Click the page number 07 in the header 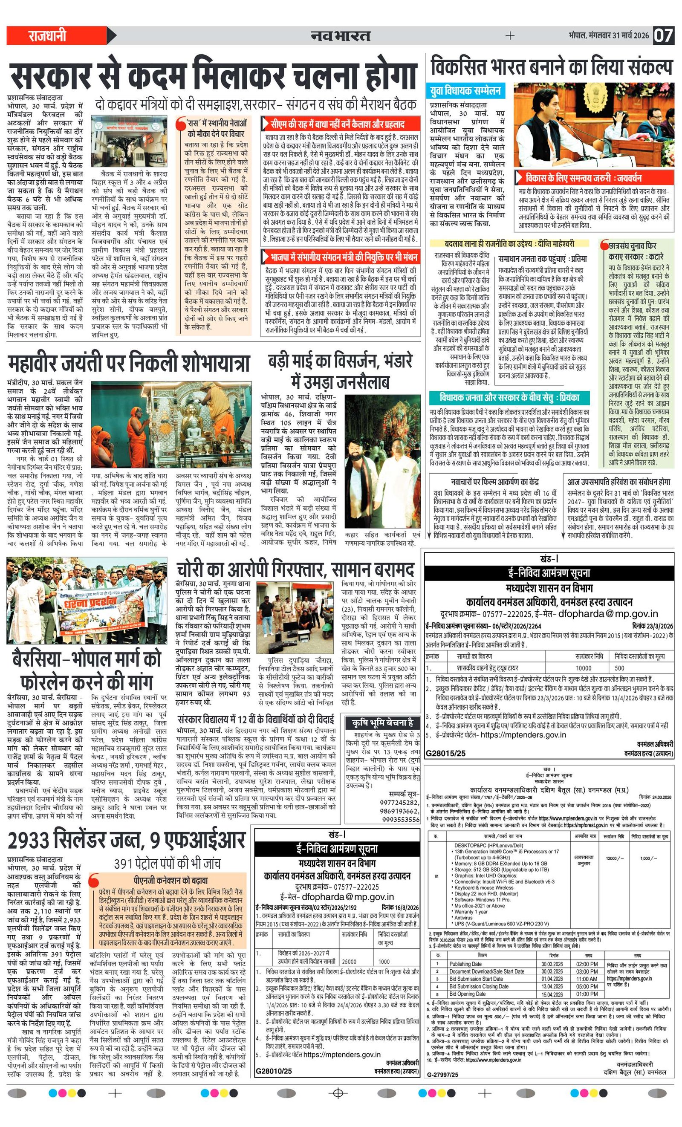point(663,35)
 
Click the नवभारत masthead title point(340,36)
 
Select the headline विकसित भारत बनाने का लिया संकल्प point(551,67)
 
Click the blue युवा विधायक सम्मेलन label point(465,91)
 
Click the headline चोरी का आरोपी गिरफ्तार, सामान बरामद point(296,570)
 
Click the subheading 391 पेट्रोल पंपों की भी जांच point(168,864)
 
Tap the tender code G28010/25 point(274,1071)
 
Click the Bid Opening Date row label point(467,994)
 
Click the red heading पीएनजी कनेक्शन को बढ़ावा point(170,881)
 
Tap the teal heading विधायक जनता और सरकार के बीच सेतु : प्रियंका point(509,397)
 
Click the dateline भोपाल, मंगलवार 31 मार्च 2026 point(608,36)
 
